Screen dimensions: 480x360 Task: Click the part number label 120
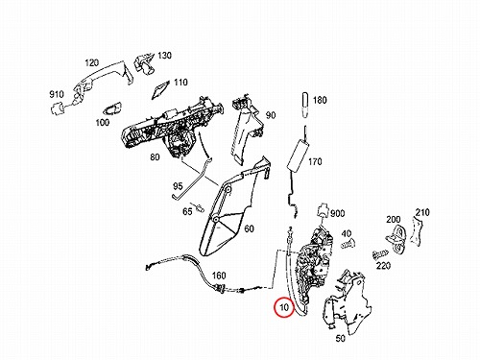(x=92, y=62)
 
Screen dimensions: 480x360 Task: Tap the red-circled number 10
(x=284, y=307)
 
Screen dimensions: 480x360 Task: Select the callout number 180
(x=320, y=100)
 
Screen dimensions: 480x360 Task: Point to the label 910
(x=57, y=94)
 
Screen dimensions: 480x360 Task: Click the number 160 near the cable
(x=219, y=276)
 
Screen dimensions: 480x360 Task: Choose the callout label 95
(x=178, y=186)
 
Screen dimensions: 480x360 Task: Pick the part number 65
(x=187, y=211)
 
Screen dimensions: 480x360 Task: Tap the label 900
(x=337, y=213)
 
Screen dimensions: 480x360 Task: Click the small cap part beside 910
(x=58, y=108)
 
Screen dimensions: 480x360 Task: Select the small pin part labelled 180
(x=305, y=105)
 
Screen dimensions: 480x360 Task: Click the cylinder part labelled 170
(x=298, y=156)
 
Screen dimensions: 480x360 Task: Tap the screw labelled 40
(x=348, y=245)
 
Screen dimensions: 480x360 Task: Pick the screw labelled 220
(x=379, y=254)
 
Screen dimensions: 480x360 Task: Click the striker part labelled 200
(x=396, y=239)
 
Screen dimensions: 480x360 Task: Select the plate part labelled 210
(x=417, y=230)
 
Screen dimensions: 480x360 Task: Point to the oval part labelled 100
(x=112, y=108)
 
